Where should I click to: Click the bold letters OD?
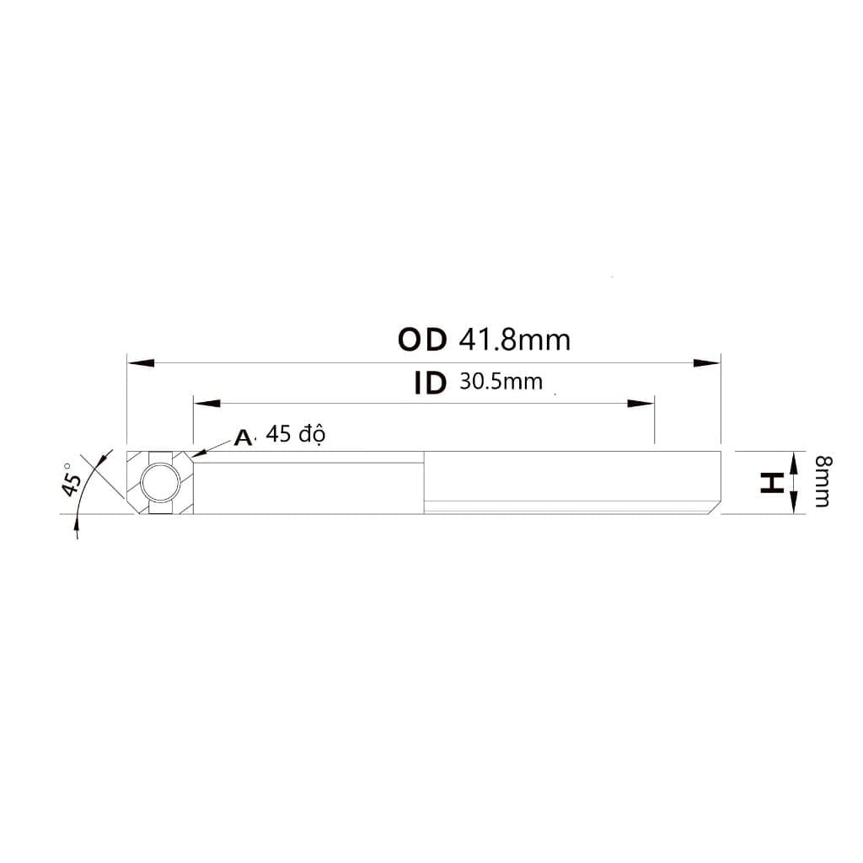pyautogui.click(x=422, y=340)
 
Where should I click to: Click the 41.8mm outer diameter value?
pyautogui.click(x=515, y=340)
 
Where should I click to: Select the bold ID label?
pyautogui.click(x=430, y=383)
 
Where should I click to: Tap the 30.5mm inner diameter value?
pyautogui.click(x=501, y=382)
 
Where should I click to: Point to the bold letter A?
pyautogui.click(x=243, y=437)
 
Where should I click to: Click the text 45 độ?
pyautogui.click(x=296, y=434)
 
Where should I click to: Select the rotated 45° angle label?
pyautogui.click(x=71, y=479)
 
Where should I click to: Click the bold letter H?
pyautogui.click(x=772, y=483)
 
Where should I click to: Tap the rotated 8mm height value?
pyautogui.click(x=823, y=481)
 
